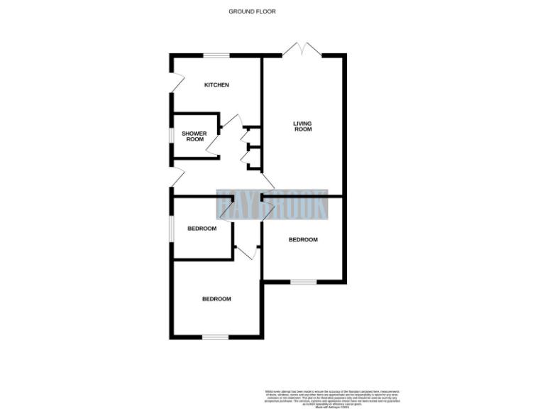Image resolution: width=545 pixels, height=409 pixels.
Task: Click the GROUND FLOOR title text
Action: click(252, 11)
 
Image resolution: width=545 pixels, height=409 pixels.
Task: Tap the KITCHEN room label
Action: click(216, 85)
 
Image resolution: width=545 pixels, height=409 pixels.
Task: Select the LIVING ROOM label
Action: click(303, 126)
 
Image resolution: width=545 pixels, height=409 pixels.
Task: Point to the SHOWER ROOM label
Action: click(194, 136)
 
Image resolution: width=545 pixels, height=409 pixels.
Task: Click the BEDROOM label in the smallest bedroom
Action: click(202, 229)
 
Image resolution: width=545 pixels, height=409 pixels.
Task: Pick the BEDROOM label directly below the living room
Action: click(303, 240)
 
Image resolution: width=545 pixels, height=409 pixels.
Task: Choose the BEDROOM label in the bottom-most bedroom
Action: click(216, 299)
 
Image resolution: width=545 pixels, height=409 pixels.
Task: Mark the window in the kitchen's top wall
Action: click(217, 55)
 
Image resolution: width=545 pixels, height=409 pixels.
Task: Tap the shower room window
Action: click(170, 135)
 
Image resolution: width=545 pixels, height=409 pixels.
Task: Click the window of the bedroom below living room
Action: click(303, 282)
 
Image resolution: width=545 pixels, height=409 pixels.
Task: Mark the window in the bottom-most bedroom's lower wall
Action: click(215, 337)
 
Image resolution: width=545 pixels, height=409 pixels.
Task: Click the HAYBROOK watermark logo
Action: click(272, 204)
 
